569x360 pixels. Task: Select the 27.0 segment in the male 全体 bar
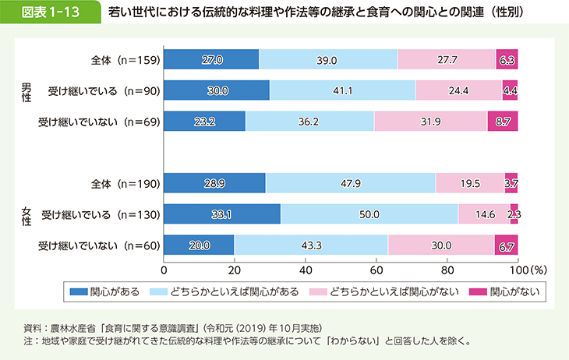[211, 59]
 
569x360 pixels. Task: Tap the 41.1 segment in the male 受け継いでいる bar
[342, 90]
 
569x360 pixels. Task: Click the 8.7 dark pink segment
[502, 122]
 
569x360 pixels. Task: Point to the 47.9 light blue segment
[350, 184]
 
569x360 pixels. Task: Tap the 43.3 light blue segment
[310, 246]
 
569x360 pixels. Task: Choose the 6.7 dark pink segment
[506, 246]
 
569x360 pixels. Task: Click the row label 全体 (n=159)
[125, 59]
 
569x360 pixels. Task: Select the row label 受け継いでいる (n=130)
[101, 215]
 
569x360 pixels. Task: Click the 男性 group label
[26, 90]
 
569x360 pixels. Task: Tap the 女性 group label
[26, 215]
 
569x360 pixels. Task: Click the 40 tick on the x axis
[306, 270]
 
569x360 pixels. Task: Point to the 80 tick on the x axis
[447, 270]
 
